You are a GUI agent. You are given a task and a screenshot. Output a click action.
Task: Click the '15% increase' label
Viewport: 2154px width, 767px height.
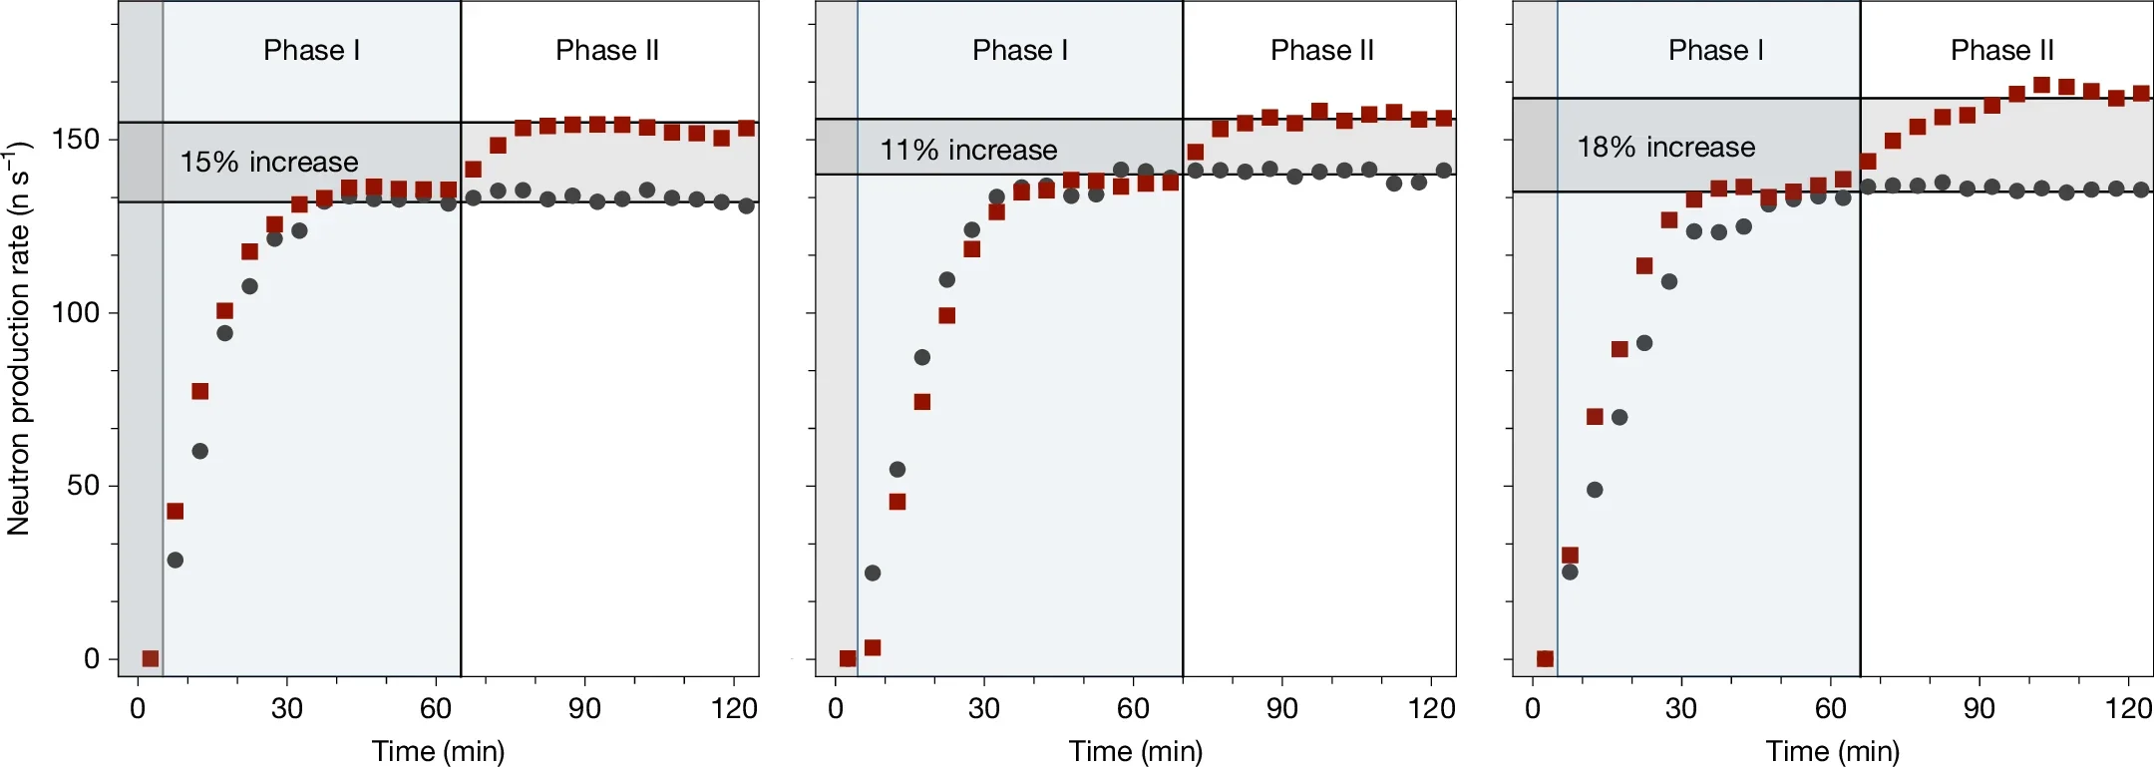[x=268, y=162]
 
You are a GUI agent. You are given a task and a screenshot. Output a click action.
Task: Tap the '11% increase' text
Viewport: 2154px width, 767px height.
[x=967, y=150]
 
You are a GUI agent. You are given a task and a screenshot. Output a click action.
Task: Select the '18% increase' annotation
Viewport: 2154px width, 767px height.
[x=1665, y=148]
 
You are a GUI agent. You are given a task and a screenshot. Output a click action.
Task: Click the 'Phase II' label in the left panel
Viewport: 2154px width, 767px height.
[x=606, y=50]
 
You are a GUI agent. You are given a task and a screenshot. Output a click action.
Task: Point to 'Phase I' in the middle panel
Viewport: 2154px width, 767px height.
[x=1019, y=50]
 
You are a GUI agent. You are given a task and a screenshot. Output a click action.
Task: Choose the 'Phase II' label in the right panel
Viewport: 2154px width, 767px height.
[x=2001, y=50]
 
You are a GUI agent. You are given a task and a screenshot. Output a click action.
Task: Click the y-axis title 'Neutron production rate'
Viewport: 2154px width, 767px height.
[x=18, y=339]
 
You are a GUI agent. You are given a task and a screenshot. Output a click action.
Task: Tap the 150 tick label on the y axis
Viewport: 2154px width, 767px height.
[x=76, y=139]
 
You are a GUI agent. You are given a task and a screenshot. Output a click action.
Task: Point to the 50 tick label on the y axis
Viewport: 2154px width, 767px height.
[x=84, y=486]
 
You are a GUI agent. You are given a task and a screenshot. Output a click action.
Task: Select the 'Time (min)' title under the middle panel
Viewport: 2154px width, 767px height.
[x=1135, y=751]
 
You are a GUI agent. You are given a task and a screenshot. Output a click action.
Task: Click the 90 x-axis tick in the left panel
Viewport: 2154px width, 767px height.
[x=584, y=708]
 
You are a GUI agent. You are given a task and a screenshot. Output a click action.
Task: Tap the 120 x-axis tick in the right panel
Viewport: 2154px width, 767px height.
[x=2128, y=708]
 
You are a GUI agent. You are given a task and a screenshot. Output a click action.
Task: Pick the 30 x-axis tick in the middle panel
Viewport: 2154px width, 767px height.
[x=983, y=708]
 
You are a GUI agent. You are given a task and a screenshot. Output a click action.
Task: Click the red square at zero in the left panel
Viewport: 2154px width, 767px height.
[x=150, y=658]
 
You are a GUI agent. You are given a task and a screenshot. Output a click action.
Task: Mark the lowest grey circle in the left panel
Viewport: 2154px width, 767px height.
[x=176, y=560]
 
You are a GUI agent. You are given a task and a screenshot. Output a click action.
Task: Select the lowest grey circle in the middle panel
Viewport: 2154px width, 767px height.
[x=873, y=573]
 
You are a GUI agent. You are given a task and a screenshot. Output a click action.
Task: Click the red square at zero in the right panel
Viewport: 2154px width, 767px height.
[x=1545, y=658]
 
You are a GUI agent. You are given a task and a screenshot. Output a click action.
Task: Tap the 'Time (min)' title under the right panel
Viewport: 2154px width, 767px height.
[x=1832, y=751]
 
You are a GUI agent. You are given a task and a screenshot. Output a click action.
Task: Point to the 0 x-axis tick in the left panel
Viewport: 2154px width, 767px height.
[x=138, y=708]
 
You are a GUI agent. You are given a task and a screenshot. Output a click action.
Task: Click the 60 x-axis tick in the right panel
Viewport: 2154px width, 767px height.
[x=1830, y=708]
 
